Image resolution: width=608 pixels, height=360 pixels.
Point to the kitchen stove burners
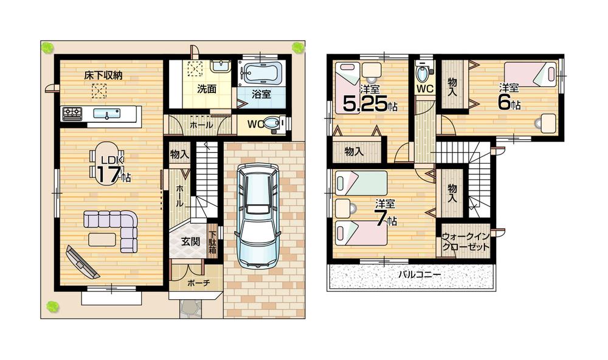[72, 112]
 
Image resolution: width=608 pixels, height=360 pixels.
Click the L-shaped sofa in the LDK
[115, 225]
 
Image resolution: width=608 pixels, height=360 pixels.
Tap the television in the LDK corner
[80, 260]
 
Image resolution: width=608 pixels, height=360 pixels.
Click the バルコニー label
[420, 275]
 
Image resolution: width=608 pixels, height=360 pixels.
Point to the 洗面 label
[206, 88]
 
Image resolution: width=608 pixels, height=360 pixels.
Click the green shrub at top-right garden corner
[297, 47]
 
